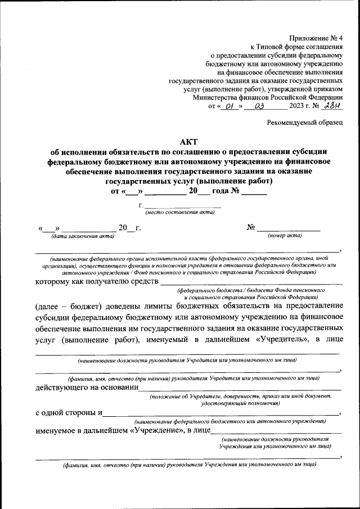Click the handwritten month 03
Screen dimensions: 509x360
pos(260,106)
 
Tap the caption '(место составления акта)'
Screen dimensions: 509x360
pos(180,213)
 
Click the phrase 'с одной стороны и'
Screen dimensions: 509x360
pos(68,412)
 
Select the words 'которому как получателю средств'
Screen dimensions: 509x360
pos(97,281)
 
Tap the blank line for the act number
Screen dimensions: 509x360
pos(288,230)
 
